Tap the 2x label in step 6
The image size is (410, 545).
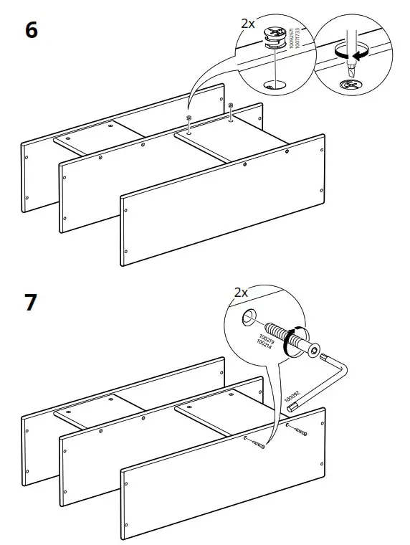(247, 24)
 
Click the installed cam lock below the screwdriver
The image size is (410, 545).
(351, 85)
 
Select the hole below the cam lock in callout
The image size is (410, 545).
(272, 85)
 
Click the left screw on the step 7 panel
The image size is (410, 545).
(255, 443)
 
